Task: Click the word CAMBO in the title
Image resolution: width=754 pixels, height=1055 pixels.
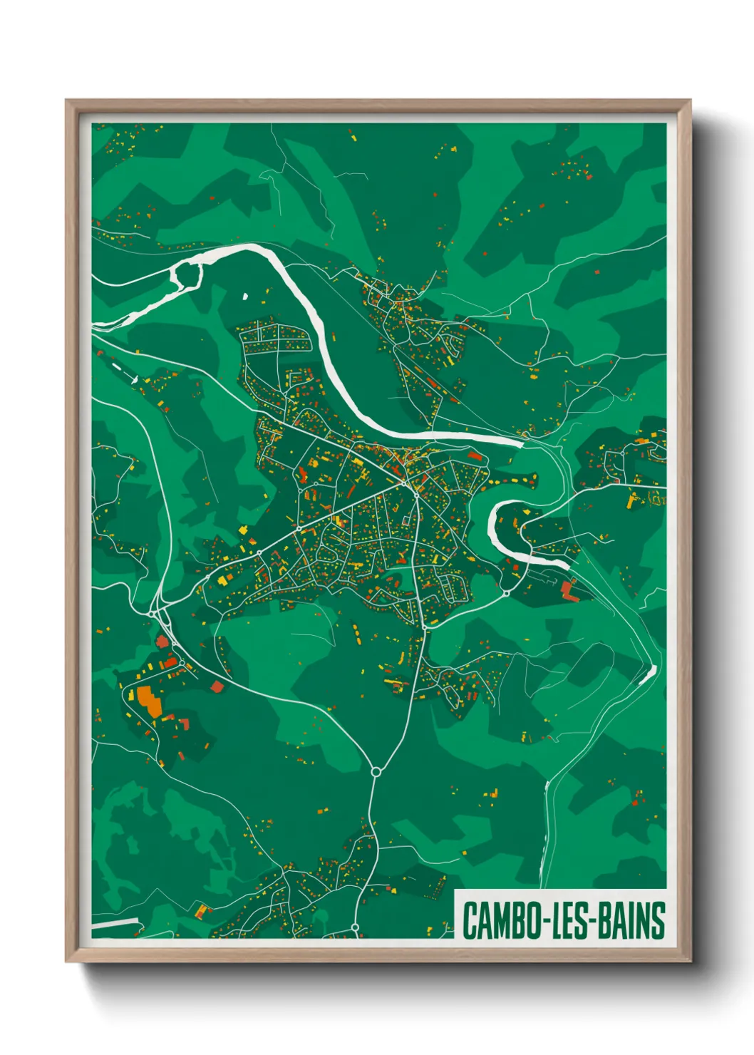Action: pyautogui.click(x=500, y=920)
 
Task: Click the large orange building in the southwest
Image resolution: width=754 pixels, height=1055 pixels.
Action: pyautogui.click(x=149, y=700)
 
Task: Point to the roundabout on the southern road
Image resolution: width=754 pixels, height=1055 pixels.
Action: pyautogui.click(x=376, y=771)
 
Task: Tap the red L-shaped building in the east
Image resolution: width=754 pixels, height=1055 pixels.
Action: pyautogui.click(x=568, y=590)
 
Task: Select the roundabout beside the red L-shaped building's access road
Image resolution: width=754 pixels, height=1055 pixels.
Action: pyautogui.click(x=506, y=593)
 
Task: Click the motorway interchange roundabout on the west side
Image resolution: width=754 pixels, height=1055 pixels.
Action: pyautogui.click(x=155, y=612)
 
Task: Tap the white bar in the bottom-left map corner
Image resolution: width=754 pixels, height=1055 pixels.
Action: pyautogui.click(x=114, y=924)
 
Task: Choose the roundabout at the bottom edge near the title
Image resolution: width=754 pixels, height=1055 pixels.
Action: pyautogui.click(x=355, y=927)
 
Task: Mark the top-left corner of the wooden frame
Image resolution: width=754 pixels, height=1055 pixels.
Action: pyautogui.click(x=66, y=101)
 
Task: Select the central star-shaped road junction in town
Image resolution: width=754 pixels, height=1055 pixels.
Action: pyautogui.click(x=415, y=492)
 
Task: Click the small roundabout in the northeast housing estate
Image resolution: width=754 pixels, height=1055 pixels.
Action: pyautogui.click(x=622, y=453)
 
